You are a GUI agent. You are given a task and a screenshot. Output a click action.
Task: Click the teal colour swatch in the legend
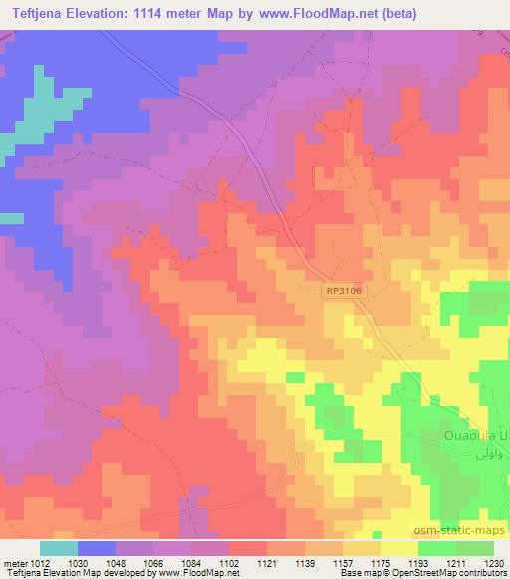tap(59, 548)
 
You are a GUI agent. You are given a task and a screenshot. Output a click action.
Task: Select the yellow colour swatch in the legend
tap(398, 548)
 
